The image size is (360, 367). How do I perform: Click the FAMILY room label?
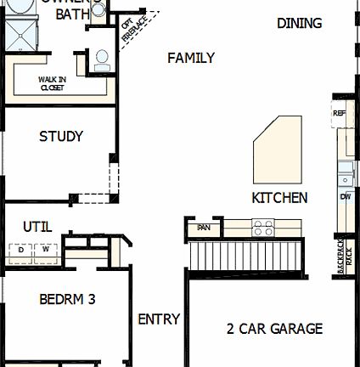(x=191, y=58)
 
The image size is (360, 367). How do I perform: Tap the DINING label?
(x=300, y=23)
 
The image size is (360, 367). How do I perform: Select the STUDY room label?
(x=61, y=136)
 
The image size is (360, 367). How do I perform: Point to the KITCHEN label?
(x=279, y=197)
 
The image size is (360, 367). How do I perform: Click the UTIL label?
(x=37, y=227)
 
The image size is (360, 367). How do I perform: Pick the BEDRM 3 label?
(x=67, y=299)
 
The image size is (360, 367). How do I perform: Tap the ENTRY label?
(x=159, y=319)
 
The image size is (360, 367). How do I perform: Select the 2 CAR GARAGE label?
(x=274, y=328)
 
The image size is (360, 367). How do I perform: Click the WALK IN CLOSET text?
(x=51, y=83)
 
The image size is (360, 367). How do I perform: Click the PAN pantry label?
(x=204, y=228)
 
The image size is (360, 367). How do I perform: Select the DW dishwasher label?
(x=346, y=197)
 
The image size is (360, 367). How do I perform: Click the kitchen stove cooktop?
(x=263, y=228)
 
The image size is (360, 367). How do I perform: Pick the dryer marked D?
(x=20, y=250)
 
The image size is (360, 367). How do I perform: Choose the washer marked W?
(x=46, y=250)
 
